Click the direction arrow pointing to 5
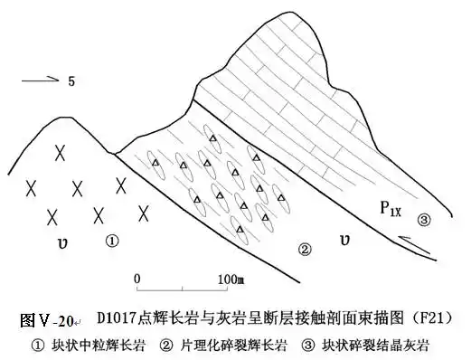click(x=38, y=81)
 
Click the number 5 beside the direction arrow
click(x=69, y=81)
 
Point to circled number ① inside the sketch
click(x=111, y=241)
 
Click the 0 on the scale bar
click(x=137, y=277)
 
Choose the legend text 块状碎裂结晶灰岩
click(x=374, y=345)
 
